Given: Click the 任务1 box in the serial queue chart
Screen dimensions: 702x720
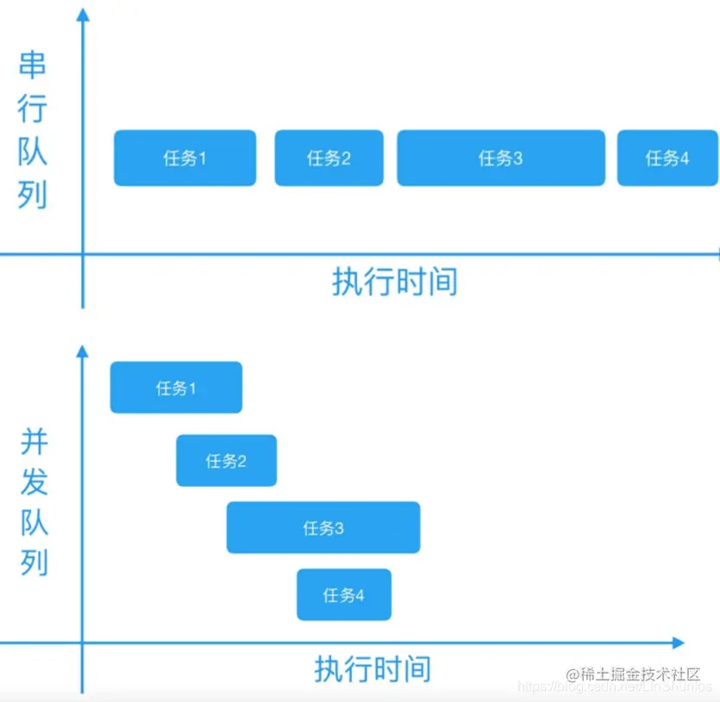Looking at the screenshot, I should [185, 158].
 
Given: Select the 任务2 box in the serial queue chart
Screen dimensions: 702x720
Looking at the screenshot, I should [329, 158].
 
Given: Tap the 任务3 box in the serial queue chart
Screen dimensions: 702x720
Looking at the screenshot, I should [500, 158].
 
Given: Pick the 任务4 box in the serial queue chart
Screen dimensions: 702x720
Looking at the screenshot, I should [667, 158].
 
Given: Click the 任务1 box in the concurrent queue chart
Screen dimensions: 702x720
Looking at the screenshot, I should [176, 388].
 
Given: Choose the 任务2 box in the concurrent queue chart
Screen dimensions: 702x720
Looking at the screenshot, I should [226, 461].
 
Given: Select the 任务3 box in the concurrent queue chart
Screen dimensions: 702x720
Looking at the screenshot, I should [323, 527].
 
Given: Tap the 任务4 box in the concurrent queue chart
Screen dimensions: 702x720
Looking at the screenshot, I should [343, 594].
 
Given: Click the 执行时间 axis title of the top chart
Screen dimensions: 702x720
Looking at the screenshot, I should [394, 282].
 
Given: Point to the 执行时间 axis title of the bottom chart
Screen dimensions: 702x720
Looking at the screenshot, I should [372, 668].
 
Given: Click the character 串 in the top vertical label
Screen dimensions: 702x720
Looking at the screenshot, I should [34, 66].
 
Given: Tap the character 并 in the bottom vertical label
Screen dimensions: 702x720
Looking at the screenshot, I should [34, 443].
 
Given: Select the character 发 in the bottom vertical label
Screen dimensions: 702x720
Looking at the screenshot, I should [34, 482].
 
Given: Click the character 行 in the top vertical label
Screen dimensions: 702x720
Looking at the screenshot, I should [34, 109].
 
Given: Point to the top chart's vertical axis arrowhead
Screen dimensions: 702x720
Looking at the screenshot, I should [83, 13].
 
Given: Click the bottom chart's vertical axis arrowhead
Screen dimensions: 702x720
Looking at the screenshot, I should [83, 351].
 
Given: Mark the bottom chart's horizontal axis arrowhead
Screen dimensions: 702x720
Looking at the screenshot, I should [678, 643].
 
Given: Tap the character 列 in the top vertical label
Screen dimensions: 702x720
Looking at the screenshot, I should [34, 195].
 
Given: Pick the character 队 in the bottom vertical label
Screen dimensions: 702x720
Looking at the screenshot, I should [34, 523].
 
